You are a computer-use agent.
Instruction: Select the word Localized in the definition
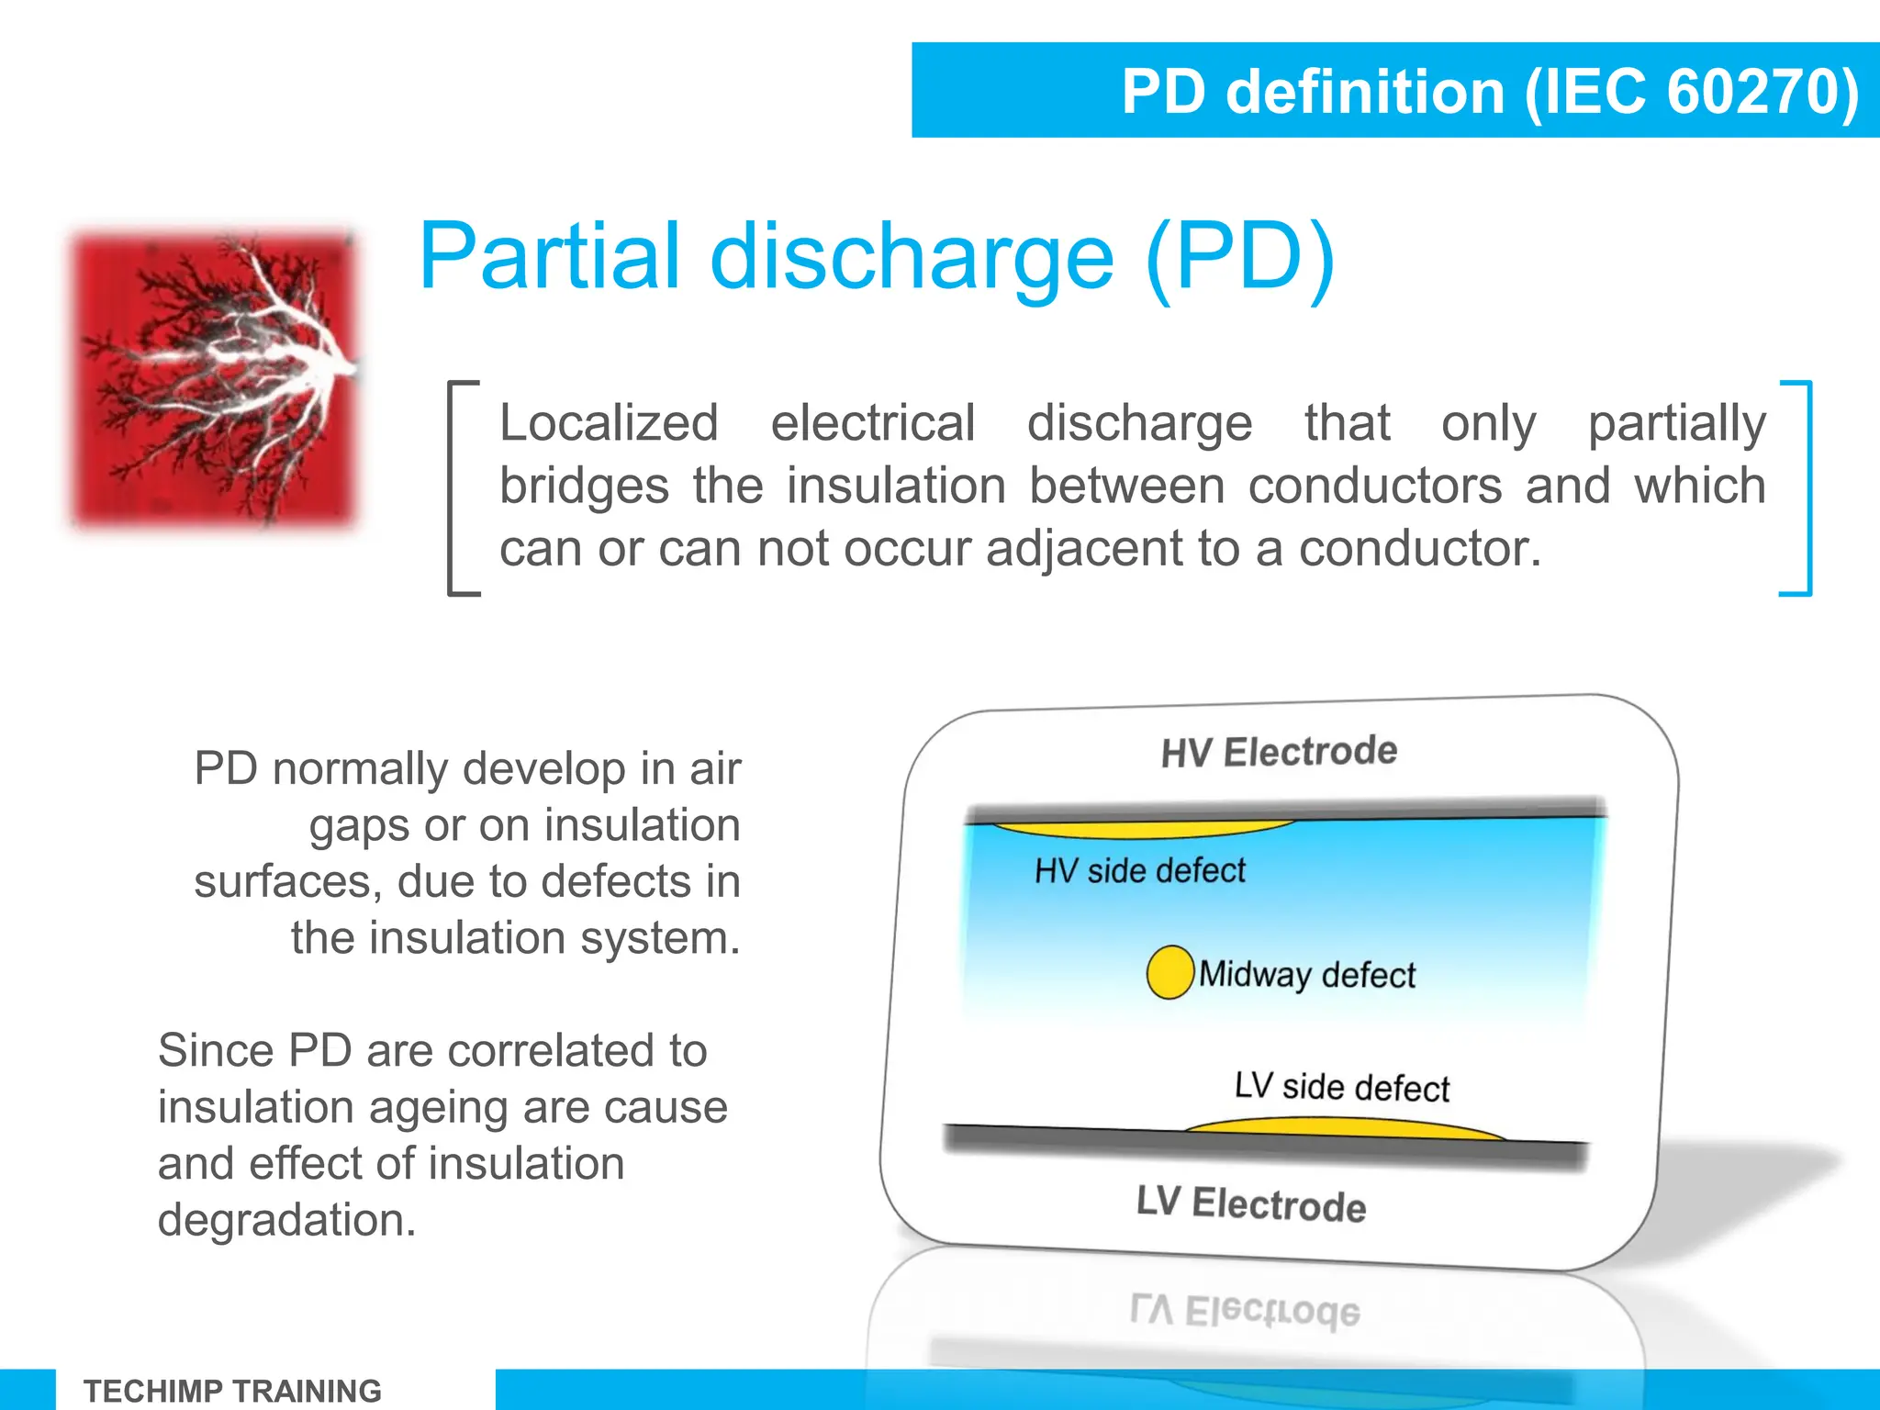(x=609, y=424)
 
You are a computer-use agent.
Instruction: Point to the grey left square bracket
(x=455, y=488)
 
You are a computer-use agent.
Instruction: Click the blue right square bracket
(x=1803, y=488)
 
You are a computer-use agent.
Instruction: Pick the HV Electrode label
(x=1279, y=752)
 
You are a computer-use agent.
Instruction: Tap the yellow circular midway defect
(x=1169, y=972)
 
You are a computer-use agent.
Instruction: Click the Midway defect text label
(x=1307, y=975)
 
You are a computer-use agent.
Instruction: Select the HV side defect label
(x=1140, y=870)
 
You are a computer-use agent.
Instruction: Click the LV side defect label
(x=1342, y=1087)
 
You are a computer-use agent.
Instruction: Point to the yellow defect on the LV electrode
(x=1345, y=1128)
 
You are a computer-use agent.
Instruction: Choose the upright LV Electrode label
(x=1251, y=1203)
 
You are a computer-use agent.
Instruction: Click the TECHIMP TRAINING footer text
(x=232, y=1391)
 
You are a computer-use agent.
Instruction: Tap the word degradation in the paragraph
(x=286, y=1221)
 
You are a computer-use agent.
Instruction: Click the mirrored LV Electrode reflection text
(x=1245, y=1311)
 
